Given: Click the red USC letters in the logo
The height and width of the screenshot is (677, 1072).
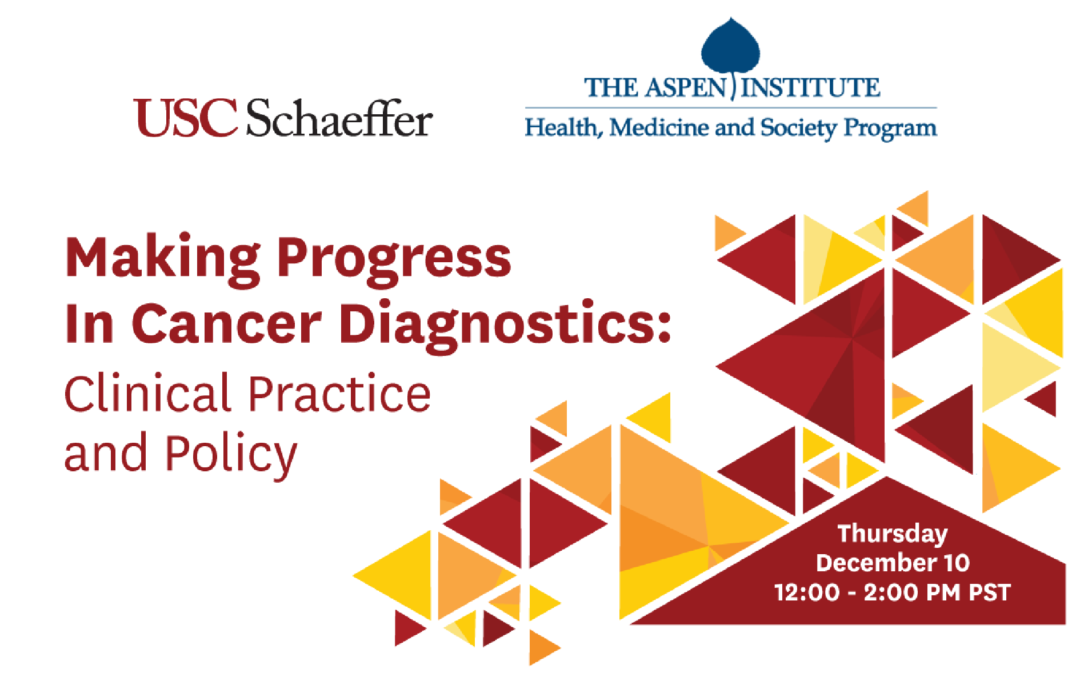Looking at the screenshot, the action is [x=185, y=118].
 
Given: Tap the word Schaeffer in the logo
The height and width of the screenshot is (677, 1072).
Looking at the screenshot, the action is [x=339, y=118].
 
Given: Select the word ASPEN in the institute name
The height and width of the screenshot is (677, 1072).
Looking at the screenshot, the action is [x=686, y=87].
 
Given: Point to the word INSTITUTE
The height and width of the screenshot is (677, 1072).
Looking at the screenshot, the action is [x=810, y=87].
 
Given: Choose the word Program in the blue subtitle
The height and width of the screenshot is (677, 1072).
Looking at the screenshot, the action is [x=890, y=129].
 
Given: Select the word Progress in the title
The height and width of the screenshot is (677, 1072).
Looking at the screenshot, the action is [x=394, y=260].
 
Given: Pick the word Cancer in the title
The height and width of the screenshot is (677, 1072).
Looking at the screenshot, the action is [x=226, y=323].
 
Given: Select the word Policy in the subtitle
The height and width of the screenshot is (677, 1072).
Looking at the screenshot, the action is [x=231, y=455].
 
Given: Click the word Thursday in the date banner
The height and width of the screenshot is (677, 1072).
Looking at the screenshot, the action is [x=893, y=534].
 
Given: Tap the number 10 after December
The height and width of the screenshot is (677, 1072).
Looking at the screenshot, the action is [x=957, y=563].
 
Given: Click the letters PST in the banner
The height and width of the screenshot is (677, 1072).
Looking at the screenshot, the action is [x=990, y=592].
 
